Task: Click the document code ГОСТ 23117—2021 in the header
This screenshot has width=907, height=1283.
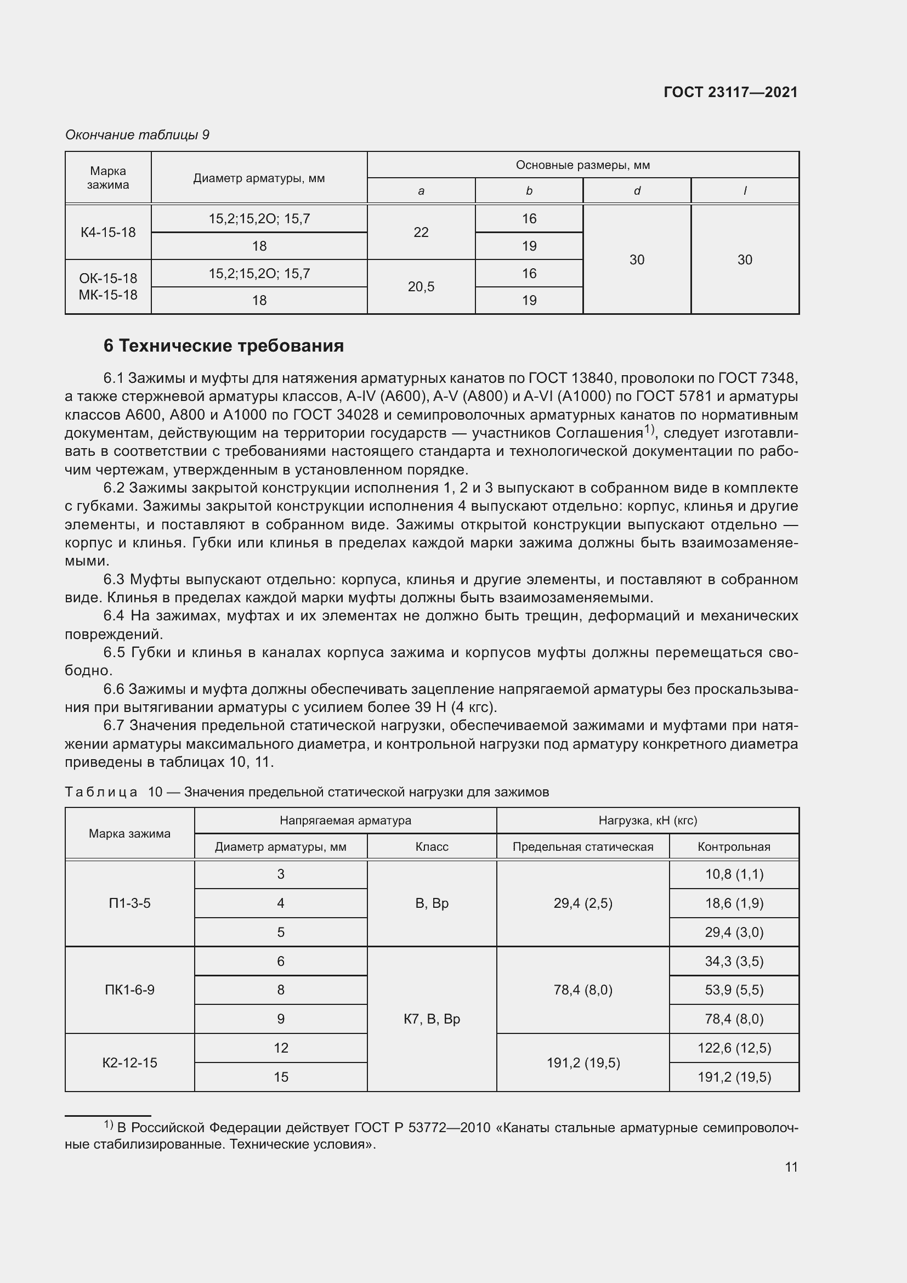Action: [x=730, y=92]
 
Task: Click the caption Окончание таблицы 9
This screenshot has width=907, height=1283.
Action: [x=137, y=135]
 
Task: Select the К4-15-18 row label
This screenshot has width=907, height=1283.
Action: [x=108, y=233]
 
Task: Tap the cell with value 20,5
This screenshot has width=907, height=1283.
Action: [x=421, y=287]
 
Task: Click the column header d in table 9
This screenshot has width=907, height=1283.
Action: [x=637, y=191]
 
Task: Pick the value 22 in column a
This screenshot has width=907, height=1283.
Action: [x=421, y=233]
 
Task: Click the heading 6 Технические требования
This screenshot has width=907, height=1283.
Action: [x=223, y=346]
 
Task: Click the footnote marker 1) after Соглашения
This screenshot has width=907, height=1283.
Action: [x=648, y=429]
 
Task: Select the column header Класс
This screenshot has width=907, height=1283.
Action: [x=432, y=846]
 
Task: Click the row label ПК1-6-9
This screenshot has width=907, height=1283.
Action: [x=129, y=990]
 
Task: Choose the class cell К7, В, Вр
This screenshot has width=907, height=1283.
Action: [x=432, y=1019]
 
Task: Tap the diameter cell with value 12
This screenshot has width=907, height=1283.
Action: [x=280, y=1048]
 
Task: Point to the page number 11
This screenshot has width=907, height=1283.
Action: [x=791, y=1167]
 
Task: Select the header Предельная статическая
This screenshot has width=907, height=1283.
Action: [x=582, y=846]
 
